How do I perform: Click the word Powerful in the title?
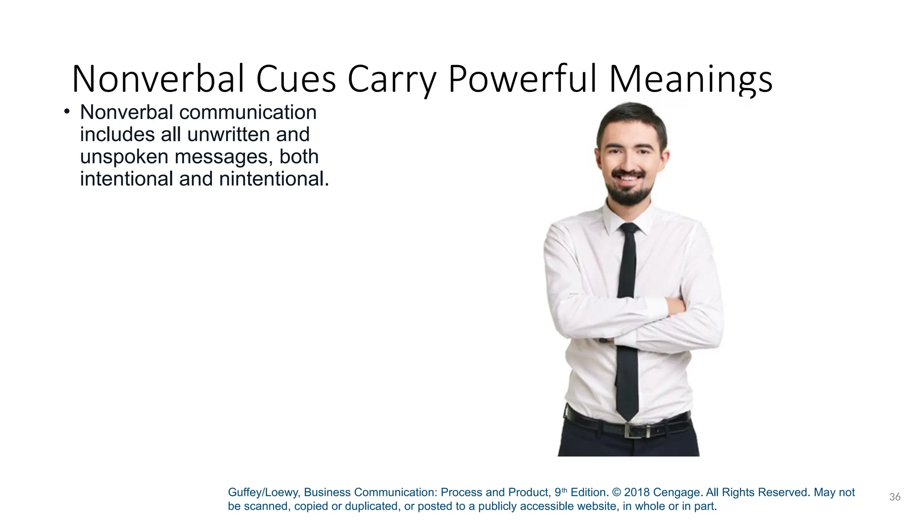point(523,79)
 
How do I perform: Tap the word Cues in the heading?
point(296,79)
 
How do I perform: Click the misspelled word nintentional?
point(274,179)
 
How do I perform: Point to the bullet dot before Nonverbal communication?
point(67,111)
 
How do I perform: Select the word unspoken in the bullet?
point(124,157)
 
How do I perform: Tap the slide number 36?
point(895,497)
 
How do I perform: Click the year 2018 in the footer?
point(637,492)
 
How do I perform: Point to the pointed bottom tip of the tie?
point(627,418)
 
